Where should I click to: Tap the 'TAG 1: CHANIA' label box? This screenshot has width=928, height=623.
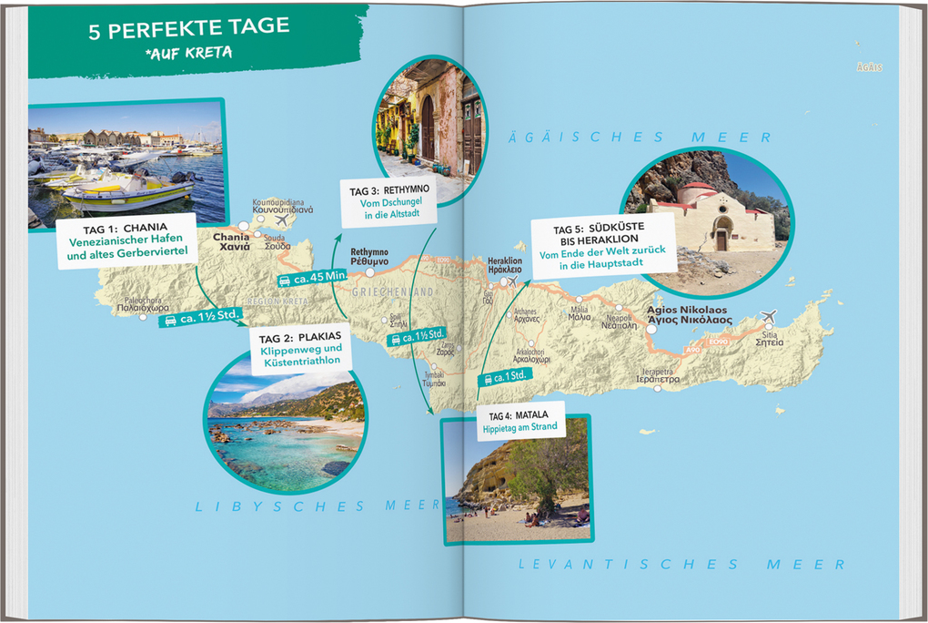(126, 240)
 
